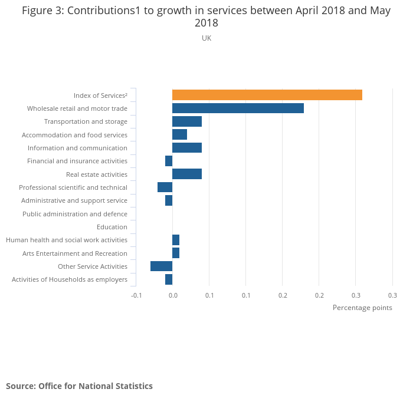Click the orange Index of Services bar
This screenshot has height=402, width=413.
(267, 95)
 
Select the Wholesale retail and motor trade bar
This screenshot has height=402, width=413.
(238, 108)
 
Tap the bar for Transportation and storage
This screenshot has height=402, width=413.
(186, 121)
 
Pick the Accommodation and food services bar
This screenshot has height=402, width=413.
(179, 134)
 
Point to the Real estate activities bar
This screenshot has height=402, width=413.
(186, 174)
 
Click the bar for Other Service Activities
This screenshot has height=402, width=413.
(161, 266)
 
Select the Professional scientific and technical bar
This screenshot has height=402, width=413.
(165, 187)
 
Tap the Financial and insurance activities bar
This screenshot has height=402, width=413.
(169, 161)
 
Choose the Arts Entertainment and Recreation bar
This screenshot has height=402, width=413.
(176, 253)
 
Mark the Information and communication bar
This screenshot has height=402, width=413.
(186, 148)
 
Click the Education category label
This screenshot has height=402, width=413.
(112, 227)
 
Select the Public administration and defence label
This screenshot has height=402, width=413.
(75, 214)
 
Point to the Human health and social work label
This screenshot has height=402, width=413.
(67, 240)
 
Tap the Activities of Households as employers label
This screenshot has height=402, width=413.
(70, 279)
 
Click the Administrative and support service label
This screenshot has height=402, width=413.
(74, 200)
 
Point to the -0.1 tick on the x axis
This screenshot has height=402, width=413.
(136, 295)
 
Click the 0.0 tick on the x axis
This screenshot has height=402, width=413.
(173, 295)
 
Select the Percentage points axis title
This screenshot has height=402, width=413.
(362, 308)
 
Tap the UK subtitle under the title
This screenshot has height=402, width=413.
(206, 38)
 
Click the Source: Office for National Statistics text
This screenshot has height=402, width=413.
(79, 386)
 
